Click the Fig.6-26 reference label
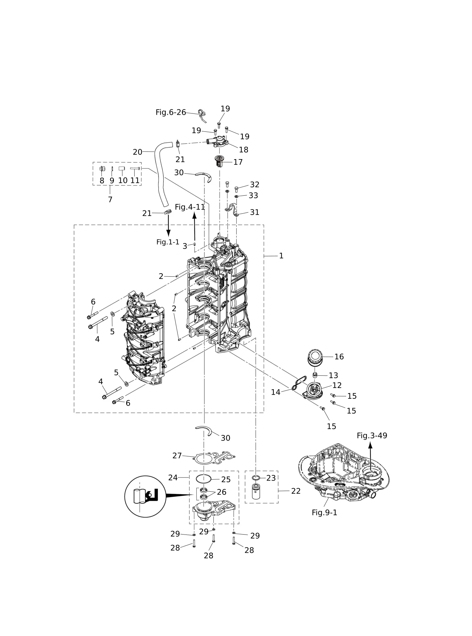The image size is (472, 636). coord(171,112)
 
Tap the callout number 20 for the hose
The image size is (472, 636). coord(138,152)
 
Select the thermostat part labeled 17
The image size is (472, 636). coord(219,162)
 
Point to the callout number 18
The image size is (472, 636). coord(244,150)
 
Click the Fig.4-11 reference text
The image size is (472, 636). coord(190,207)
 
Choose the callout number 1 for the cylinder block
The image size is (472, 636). coord(281,256)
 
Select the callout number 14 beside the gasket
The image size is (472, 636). coord(276,392)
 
